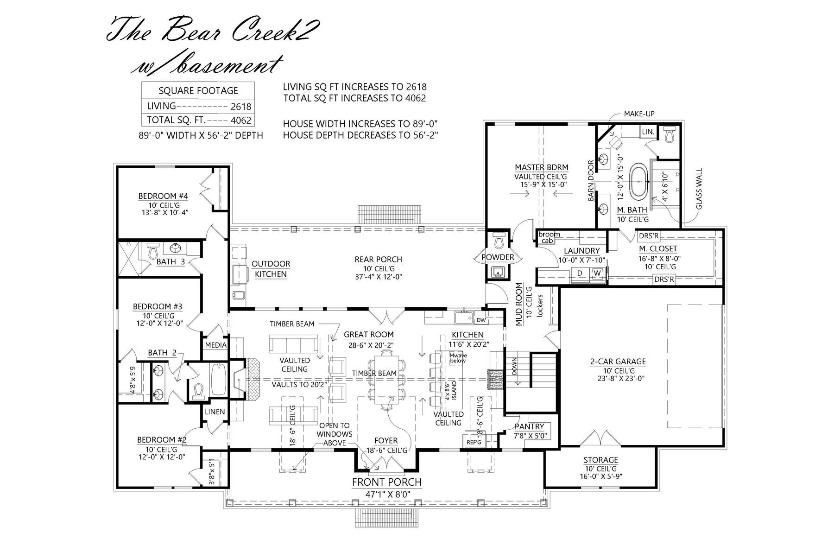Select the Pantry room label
pos(530,426)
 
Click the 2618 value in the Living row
pos(241,107)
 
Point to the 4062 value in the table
pos(241,121)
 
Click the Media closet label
pos(216,345)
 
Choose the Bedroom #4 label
pos(163,196)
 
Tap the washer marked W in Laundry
pos(597,273)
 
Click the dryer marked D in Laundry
pos(580,273)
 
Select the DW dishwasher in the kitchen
pos(481,320)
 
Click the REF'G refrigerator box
pos(474,442)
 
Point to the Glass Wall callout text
pos(699,189)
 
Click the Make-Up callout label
pos(639,114)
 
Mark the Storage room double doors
pos(600,438)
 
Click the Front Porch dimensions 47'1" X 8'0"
pos(386,494)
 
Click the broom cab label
pos(549,237)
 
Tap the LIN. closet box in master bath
pos(648,132)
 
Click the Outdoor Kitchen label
pos(271,269)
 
